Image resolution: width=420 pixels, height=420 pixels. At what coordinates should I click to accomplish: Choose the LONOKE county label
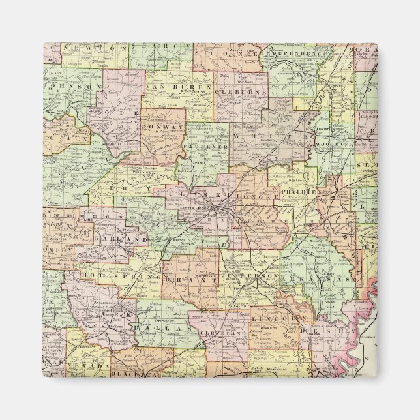(261, 195)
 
